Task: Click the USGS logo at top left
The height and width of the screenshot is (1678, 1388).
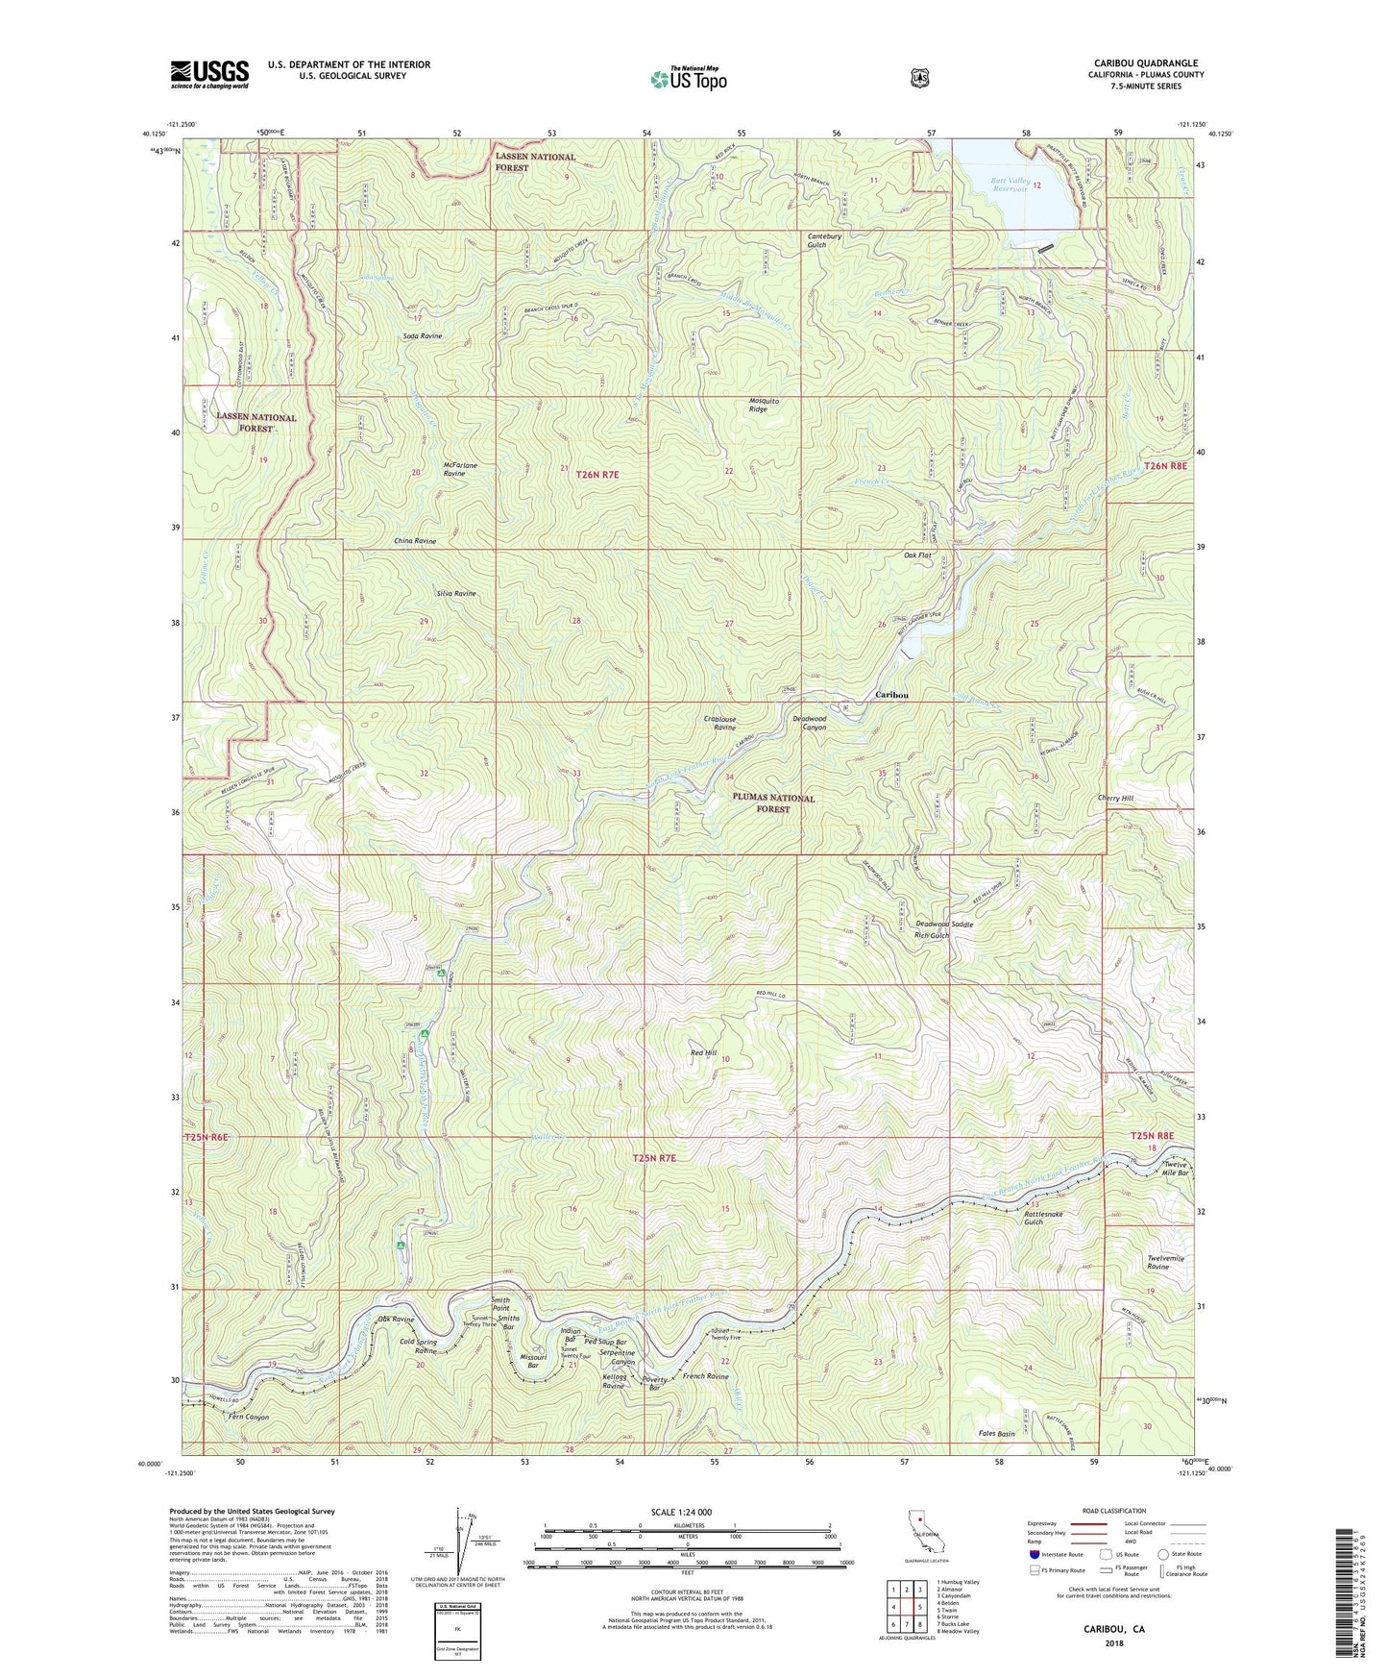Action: [x=209, y=74]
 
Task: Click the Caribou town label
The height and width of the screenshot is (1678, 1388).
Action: [x=891, y=694]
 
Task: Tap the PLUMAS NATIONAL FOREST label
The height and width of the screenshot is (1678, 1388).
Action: [x=773, y=803]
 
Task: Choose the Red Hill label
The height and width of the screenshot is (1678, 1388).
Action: [x=704, y=1052]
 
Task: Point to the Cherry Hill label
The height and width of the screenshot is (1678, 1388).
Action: [x=1115, y=798]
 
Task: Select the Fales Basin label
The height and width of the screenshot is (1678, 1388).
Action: [x=996, y=1434]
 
